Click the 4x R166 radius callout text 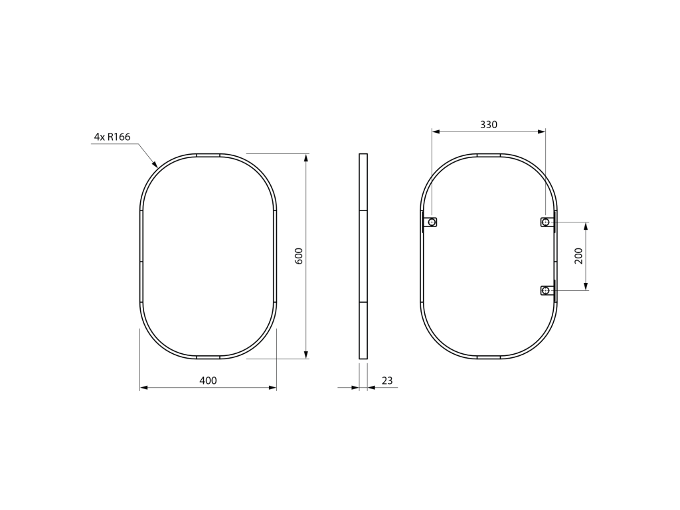point(112,137)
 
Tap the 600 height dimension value point(299,256)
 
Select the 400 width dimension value point(208,381)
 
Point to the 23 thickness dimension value point(387,381)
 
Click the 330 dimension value point(489,125)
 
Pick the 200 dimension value point(578,256)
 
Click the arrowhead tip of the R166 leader point(157,167)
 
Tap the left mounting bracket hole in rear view point(432,222)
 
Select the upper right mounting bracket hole point(546,222)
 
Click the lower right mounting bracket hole point(546,290)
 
